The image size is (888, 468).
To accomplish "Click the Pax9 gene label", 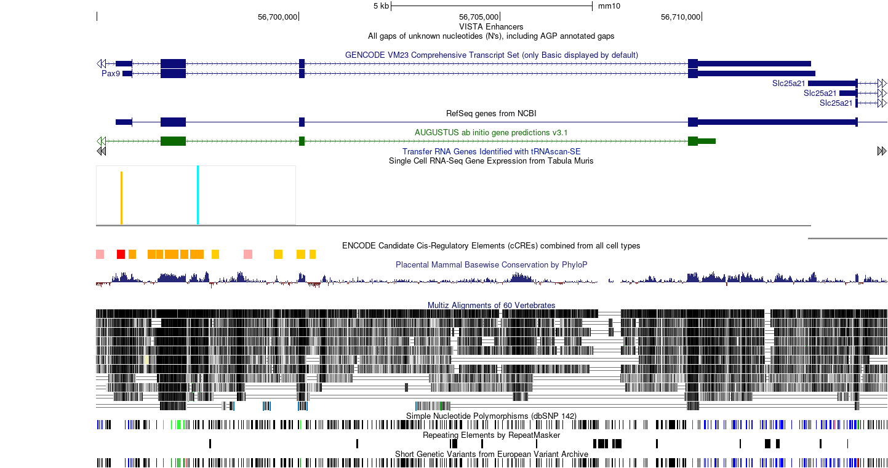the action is [111, 74].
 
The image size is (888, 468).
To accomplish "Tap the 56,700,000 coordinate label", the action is [277, 17].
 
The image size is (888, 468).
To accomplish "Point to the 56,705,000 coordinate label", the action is [479, 17].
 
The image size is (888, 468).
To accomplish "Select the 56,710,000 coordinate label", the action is [680, 17].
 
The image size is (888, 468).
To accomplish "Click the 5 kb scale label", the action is [381, 6].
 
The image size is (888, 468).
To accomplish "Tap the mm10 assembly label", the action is [609, 6].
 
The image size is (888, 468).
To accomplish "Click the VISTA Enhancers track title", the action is [491, 26].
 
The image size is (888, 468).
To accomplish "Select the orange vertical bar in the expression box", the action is [121, 198].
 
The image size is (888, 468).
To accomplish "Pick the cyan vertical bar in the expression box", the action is [198, 195].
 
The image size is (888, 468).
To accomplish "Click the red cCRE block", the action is [121, 255].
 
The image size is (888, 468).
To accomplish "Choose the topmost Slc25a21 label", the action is [788, 83].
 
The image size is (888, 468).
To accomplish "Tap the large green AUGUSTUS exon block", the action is [173, 141].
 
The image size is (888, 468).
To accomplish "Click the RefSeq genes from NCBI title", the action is [491, 114].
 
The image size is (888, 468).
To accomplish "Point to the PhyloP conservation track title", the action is [491, 264].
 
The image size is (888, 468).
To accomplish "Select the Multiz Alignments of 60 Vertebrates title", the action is [491, 305].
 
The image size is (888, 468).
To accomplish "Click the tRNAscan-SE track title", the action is [491, 151].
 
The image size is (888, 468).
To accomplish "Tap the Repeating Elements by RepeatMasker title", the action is [491, 435].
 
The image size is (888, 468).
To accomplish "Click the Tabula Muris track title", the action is [491, 161].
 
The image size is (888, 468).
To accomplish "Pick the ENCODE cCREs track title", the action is [491, 246].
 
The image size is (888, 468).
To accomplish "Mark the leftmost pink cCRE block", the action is [100, 255].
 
